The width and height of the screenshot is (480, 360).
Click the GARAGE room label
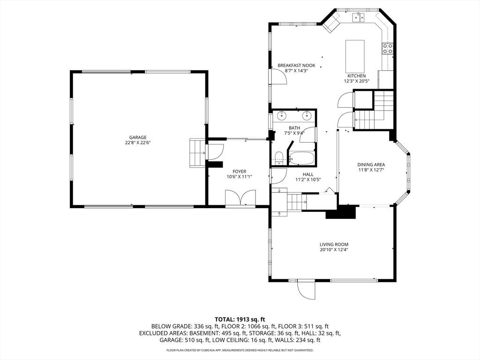tap(137, 137)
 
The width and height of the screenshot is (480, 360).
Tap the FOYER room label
tap(239, 172)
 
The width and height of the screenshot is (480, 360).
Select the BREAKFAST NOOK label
tap(296, 66)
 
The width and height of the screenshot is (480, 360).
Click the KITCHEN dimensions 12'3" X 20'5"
tap(356, 81)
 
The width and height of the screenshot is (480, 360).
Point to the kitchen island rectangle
tap(355, 55)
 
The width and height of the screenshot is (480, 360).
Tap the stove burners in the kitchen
tap(388, 49)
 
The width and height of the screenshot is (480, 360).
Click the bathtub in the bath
tap(301, 158)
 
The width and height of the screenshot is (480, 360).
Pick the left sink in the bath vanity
tap(281, 115)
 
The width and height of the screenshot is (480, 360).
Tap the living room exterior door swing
tap(306, 290)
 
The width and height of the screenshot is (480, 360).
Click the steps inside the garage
tap(197, 153)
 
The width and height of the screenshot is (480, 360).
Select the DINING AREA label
tap(371, 165)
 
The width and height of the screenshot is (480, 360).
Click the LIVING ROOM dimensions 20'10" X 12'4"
tap(334, 249)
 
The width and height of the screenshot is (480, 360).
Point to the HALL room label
tap(308, 174)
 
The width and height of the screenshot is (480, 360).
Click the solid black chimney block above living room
tap(341, 212)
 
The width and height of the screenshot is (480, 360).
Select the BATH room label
tap(294, 128)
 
